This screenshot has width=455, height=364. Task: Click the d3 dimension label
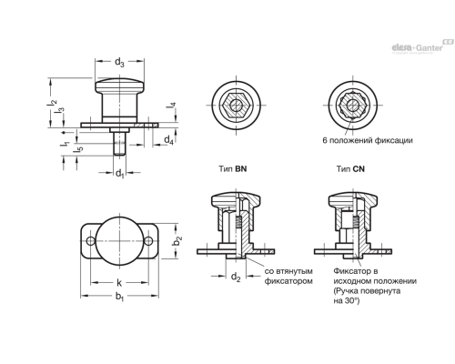[119, 63]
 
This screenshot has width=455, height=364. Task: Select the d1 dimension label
[120, 174]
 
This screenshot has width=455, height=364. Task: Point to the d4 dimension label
[168, 140]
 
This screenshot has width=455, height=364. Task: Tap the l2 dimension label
[52, 103]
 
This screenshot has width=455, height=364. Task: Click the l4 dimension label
[171, 106]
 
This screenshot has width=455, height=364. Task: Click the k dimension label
[119, 282]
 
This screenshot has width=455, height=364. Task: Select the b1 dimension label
[119, 297]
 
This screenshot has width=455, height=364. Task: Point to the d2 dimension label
[236, 277]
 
